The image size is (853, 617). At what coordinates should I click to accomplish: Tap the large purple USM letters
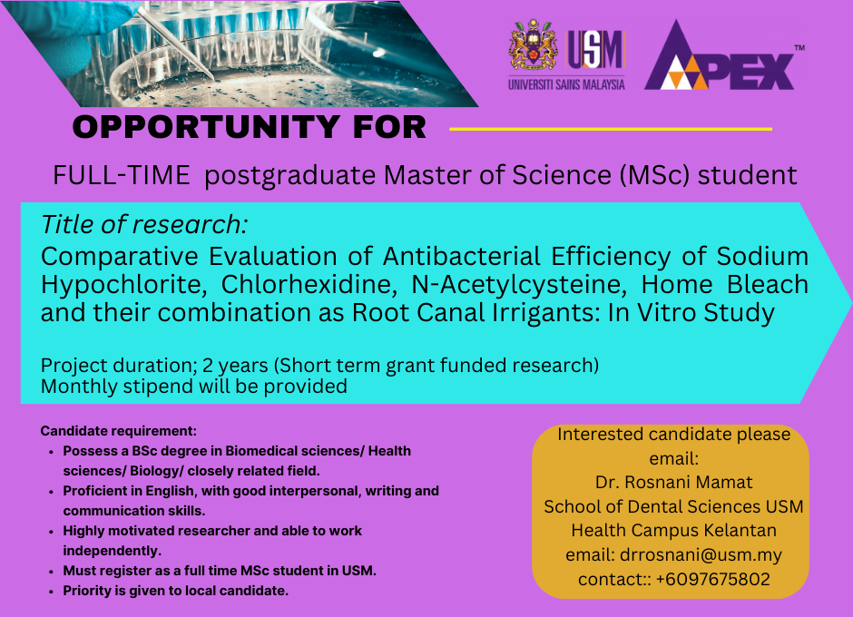coord(594,50)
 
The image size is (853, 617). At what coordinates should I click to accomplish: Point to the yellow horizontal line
coord(611,129)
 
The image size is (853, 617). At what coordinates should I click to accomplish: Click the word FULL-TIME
coord(122,175)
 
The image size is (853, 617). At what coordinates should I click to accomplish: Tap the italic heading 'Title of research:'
coord(144,225)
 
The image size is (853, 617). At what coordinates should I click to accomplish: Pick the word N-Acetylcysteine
coord(519,285)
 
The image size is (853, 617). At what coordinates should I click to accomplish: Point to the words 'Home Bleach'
coord(725,285)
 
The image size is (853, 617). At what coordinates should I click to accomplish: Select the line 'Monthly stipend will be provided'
coord(193,387)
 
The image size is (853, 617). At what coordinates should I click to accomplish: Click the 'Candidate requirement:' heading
coord(119,431)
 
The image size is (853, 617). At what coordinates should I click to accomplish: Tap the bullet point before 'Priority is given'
coord(51,592)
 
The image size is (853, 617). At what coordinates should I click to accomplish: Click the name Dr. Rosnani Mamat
coord(673,482)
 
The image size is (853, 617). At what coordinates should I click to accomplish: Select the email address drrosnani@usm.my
coord(701,555)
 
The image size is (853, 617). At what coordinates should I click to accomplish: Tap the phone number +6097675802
coord(712,579)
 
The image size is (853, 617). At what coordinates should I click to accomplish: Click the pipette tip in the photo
coord(213,78)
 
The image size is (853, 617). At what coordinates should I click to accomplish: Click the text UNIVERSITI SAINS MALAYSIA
coord(566,84)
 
